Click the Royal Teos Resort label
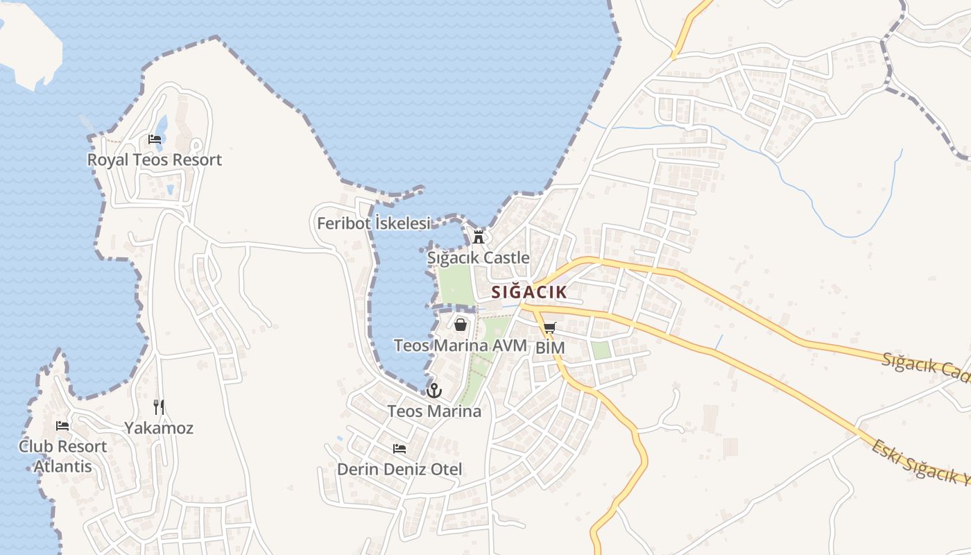pyautogui.click(x=154, y=160)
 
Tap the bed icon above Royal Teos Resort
pyautogui.click(x=155, y=139)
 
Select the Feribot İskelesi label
pyautogui.click(x=374, y=223)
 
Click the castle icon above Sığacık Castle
pyautogui.click(x=479, y=237)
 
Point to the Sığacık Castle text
pyautogui.click(x=478, y=258)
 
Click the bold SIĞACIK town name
pyautogui.click(x=529, y=292)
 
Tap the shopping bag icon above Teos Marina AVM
pyautogui.click(x=461, y=324)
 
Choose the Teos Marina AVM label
pyautogui.click(x=461, y=345)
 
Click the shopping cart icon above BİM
pyautogui.click(x=550, y=327)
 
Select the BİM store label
pyautogui.click(x=551, y=348)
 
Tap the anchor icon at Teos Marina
pyautogui.click(x=434, y=390)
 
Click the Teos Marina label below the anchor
pyautogui.click(x=434, y=411)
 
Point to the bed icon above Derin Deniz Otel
pyautogui.click(x=399, y=449)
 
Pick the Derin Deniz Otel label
pyautogui.click(x=399, y=469)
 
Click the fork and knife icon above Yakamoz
pyautogui.click(x=159, y=407)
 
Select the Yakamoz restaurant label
pyautogui.click(x=159, y=428)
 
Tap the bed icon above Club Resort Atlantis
pyautogui.click(x=62, y=426)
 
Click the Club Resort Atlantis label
pyautogui.click(x=62, y=456)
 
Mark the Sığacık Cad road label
pyautogui.click(x=926, y=365)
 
